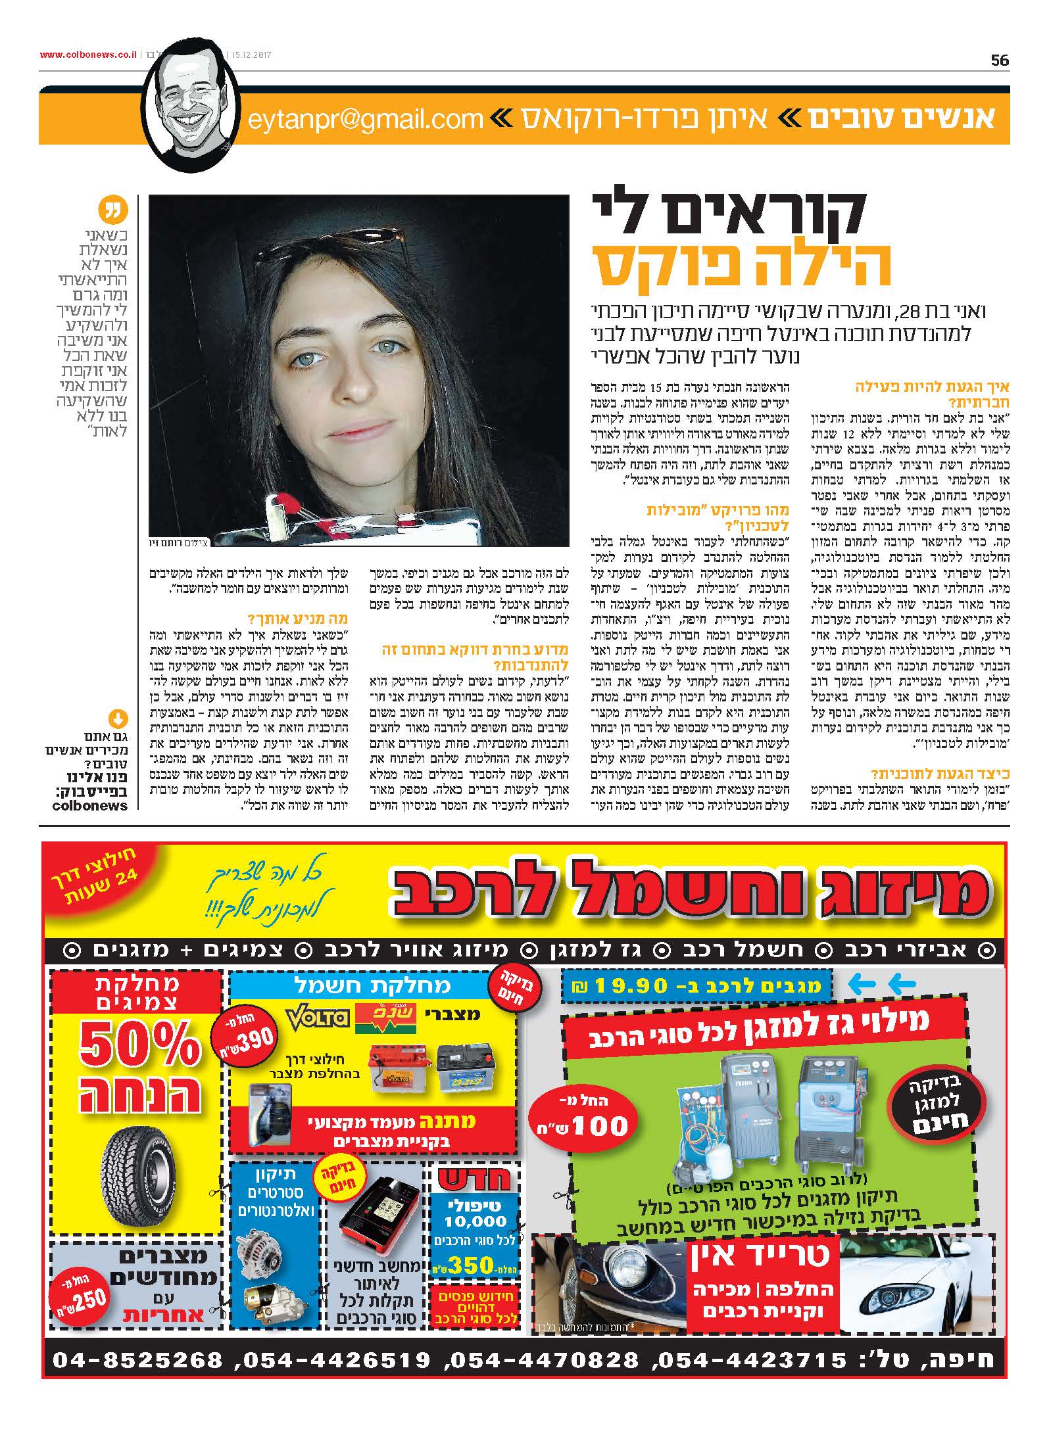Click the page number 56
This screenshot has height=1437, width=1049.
click(999, 60)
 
